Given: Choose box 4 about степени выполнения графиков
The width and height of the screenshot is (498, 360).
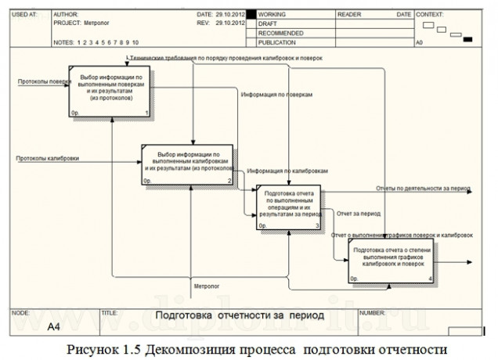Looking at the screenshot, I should click(x=392, y=261).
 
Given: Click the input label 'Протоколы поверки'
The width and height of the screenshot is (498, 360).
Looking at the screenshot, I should click(x=40, y=81).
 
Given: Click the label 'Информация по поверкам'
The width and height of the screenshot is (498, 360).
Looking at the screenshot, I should click(x=276, y=94).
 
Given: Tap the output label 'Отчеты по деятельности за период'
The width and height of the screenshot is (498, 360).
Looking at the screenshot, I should click(x=422, y=189).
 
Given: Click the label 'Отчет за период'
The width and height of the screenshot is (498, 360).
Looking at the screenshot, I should click(x=358, y=213).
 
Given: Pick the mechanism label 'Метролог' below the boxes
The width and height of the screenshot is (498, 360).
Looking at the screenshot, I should click(x=207, y=286).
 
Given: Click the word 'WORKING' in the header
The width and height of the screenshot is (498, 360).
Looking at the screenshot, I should click(x=272, y=15).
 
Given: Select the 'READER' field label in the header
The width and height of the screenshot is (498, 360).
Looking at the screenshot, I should click(x=349, y=15).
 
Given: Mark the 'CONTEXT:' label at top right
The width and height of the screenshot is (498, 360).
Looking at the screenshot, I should click(x=431, y=15).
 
